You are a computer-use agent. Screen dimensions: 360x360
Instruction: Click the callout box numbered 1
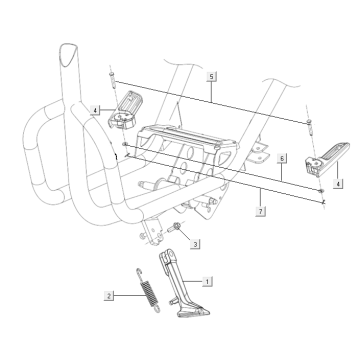tap(207, 281)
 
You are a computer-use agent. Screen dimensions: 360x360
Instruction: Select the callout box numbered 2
tap(109, 295)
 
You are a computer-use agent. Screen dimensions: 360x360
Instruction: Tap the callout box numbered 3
tap(195, 244)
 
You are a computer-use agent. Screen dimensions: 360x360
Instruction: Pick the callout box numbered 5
tap(211, 76)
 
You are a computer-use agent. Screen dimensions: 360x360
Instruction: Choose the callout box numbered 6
tap(282, 158)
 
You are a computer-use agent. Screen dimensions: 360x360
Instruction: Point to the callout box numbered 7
tap(261, 211)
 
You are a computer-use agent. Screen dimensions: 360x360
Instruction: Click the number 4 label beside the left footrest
tap(95, 110)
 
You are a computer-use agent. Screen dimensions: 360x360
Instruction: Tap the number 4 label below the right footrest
tap(338, 183)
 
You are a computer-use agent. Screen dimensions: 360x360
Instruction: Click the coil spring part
tap(148, 290)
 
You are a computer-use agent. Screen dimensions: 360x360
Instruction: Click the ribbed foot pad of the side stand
tap(194, 312)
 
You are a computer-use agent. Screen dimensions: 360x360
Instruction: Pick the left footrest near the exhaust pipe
tap(124, 110)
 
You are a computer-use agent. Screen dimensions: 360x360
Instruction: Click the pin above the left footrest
tap(112, 79)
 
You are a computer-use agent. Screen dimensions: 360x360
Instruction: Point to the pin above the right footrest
tap(309, 127)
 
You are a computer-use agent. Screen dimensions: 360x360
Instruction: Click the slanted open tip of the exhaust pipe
tap(70, 53)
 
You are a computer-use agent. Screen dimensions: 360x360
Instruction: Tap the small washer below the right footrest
tap(321, 191)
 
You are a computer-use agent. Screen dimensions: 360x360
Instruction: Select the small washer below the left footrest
tap(125, 144)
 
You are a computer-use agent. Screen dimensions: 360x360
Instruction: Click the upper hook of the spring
tap(139, 273)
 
